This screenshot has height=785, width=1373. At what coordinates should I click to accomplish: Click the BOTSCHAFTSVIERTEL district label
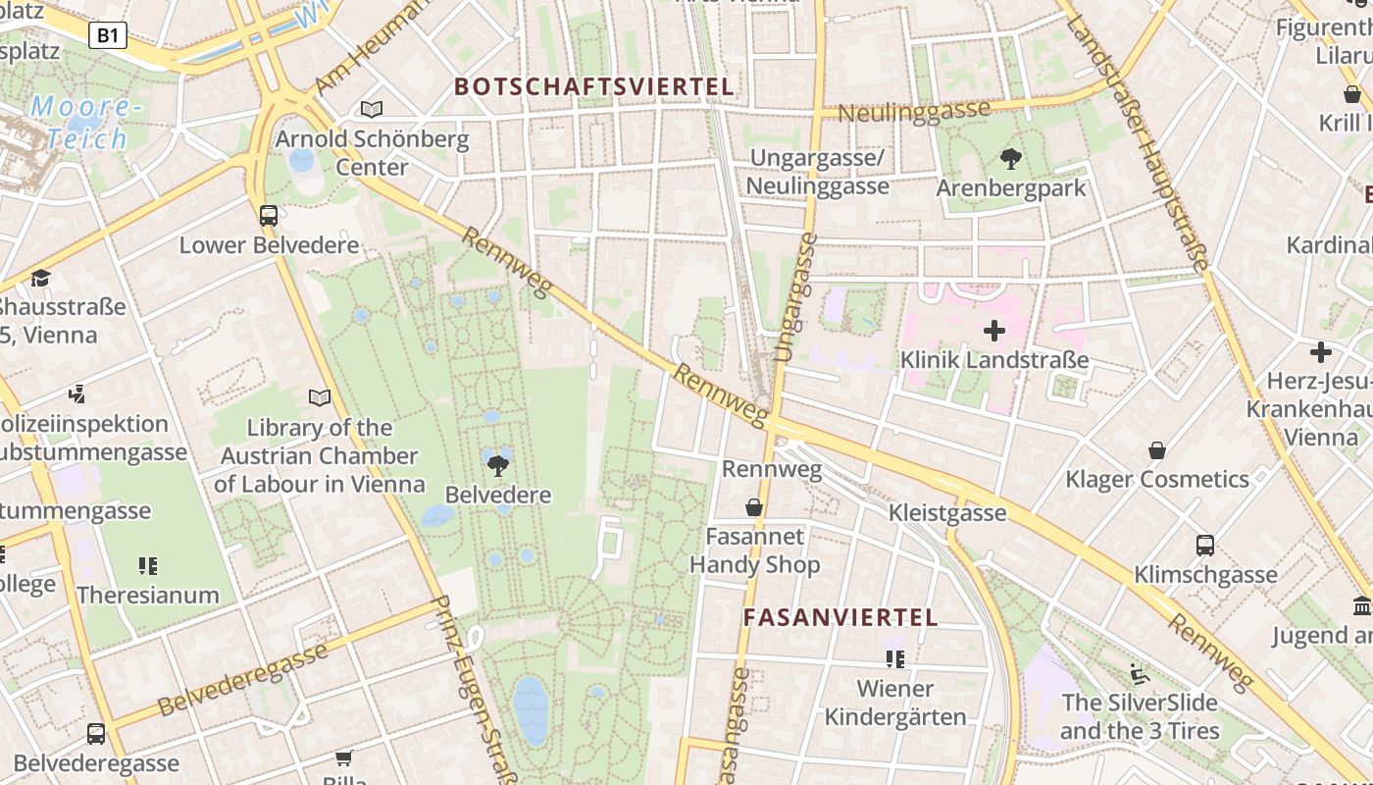pyautogui.click(x=594, y=86)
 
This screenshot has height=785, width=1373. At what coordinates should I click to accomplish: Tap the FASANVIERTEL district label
pyautogui.click(x=840, y=617)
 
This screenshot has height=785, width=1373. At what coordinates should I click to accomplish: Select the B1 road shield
pyautogui.click(x=108, y=36)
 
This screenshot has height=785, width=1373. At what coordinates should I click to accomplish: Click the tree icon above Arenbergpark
pyautogui.click(x=1011, y=158)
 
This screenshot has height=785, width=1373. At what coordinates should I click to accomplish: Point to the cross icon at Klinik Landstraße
pyautogui.click(x=994, y=331)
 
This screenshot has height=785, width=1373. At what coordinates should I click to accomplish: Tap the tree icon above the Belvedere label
pyautogui.click(x=498, y=465)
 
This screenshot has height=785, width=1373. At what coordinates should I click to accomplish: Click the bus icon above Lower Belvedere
pyautogui.click(x=269, y=215)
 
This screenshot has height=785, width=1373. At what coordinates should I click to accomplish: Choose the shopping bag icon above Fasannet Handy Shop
pyautogui.click(x=754, y=507)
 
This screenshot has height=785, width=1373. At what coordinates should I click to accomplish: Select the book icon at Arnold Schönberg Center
pyautogui.click(x=372, y=109)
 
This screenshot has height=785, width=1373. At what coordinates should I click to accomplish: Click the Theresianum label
pyautogui.click(x=148, y=595)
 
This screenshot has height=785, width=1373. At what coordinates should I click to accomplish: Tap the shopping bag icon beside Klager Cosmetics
pyautogui.click(x=1157, y=450)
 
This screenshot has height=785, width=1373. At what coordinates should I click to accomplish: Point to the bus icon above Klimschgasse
pyautogui.click(x=1205, y=545)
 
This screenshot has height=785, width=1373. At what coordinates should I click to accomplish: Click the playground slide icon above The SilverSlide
pyautogui.click(x=1139, y=673)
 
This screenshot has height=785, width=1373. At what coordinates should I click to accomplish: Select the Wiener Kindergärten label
pyautogui.click(x=895, y=703)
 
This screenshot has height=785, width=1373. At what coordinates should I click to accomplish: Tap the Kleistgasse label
pyautogui.click(x=947, y=512)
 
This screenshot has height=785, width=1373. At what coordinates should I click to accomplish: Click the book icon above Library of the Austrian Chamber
pyautogui.click(x=320, y=397)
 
